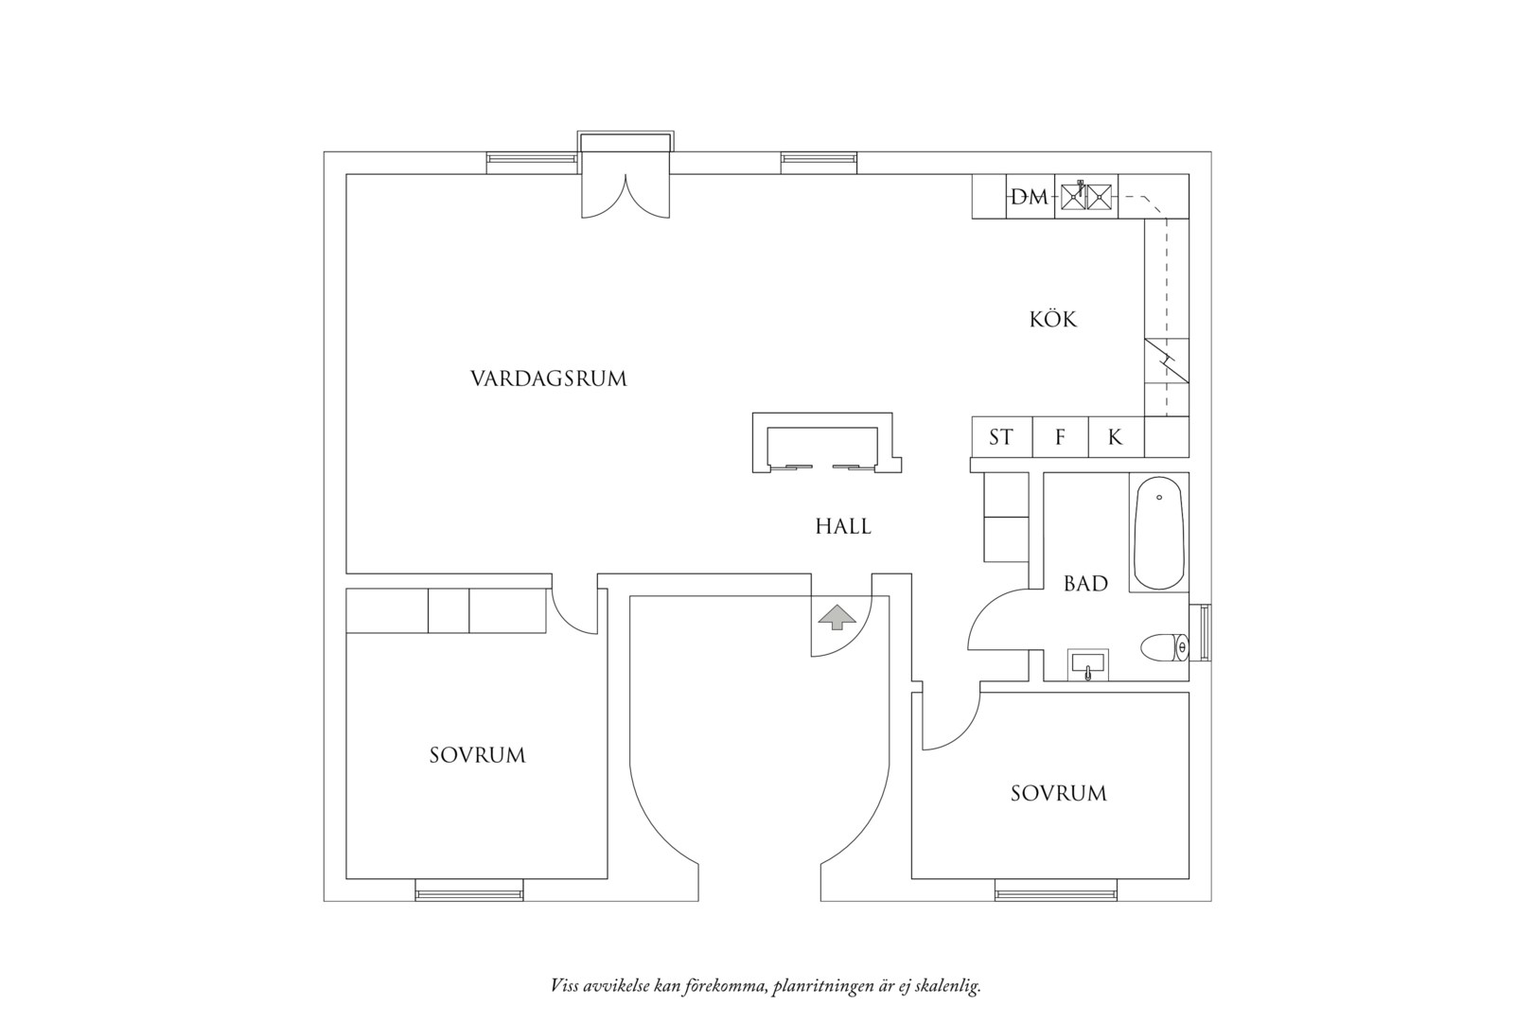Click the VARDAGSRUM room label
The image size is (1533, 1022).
548,379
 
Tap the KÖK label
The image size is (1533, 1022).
1053,319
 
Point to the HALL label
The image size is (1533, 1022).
843,526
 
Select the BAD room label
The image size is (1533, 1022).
1085,583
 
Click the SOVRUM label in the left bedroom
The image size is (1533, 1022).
478,755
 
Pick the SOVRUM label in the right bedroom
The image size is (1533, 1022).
1059,793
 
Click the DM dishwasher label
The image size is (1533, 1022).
1030,198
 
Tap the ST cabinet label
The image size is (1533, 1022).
1000,437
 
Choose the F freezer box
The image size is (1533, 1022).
1060,437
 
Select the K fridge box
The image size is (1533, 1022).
1117,437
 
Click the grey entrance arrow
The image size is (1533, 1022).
837,617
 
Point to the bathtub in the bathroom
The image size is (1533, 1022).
1158,533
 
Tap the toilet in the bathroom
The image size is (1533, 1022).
1165,647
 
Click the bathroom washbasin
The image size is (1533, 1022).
1088,664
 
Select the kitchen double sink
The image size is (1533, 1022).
1086,197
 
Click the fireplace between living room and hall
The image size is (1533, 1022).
827,443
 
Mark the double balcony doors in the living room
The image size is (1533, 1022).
626,196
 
